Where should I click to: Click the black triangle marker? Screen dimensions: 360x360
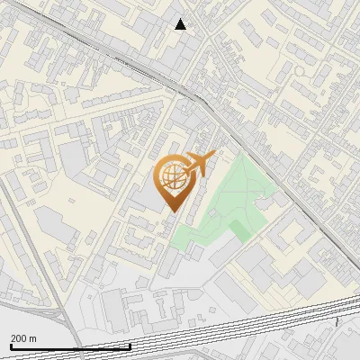point(181,24)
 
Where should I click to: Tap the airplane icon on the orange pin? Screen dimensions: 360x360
point(197,165)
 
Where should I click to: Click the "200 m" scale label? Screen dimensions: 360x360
point(23,338)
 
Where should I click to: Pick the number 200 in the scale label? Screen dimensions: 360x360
point(19,338)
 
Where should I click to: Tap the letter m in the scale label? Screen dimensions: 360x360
point(32,338)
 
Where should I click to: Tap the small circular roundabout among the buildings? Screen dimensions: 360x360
point(300,70)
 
